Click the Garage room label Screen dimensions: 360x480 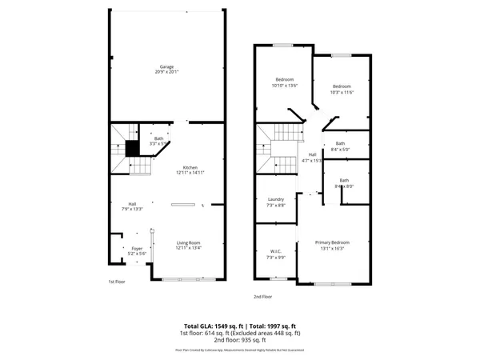click(166, 66)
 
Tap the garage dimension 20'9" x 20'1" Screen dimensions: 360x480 click(166, 72)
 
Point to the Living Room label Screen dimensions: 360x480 click(188, 242)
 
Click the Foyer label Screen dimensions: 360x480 click(137, 248)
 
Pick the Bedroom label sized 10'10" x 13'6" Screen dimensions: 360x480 click(285, 79)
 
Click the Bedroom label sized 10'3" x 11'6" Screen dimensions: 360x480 click(342, 86)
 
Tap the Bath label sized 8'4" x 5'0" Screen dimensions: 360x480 click(341, 143)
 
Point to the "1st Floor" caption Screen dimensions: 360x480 click(117, 282)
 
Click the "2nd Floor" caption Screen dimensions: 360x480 click(264, 297)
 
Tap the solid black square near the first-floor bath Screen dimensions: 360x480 click(132, 149)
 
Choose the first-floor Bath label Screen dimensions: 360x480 click(158, 139)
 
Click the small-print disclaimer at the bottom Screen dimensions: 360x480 click(240, 350)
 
